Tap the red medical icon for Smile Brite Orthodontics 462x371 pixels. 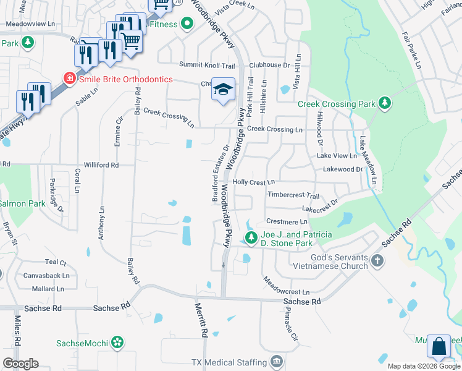point(69,79)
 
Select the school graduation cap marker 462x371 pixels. point(223,90)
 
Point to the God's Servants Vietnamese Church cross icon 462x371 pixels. point(378,262)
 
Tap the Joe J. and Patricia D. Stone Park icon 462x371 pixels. point(251,238)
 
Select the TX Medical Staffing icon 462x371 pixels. point(276,360)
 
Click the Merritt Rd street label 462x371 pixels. point(201,320)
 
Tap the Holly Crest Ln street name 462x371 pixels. point(253,182)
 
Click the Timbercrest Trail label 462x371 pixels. point(293,195)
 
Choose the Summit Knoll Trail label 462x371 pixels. point(207,65)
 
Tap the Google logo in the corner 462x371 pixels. point(20,364)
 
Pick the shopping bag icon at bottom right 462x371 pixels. point(439,348)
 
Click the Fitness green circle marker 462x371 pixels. point(186,25)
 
